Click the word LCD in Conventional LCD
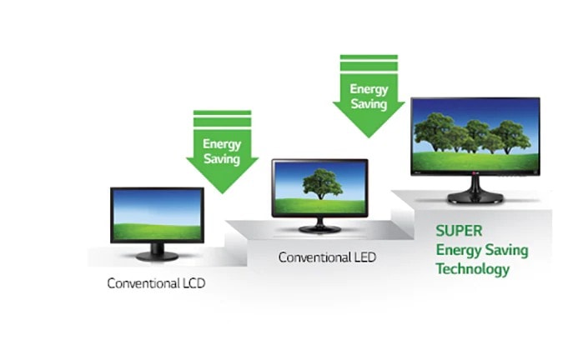coord(193,282)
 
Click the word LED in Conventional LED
coord(364,257)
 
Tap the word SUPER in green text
coord(459,231)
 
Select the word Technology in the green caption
coord(473,269)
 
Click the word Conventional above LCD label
coord(143,282)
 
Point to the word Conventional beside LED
coord(314,257)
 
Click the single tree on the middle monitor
coord(322,183)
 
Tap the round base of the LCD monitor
coord(157,256)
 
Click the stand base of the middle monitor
coord(319,228)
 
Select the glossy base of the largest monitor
coord(475,197)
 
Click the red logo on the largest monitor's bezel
coord(475,173)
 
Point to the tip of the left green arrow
coord(223,193)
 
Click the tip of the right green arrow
coord(369,137)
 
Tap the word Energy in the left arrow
coord(222,144)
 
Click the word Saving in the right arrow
coord(369,104)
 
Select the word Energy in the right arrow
coord(369,89)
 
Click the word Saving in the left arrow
coord(222,159)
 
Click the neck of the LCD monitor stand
coord(157,247)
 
